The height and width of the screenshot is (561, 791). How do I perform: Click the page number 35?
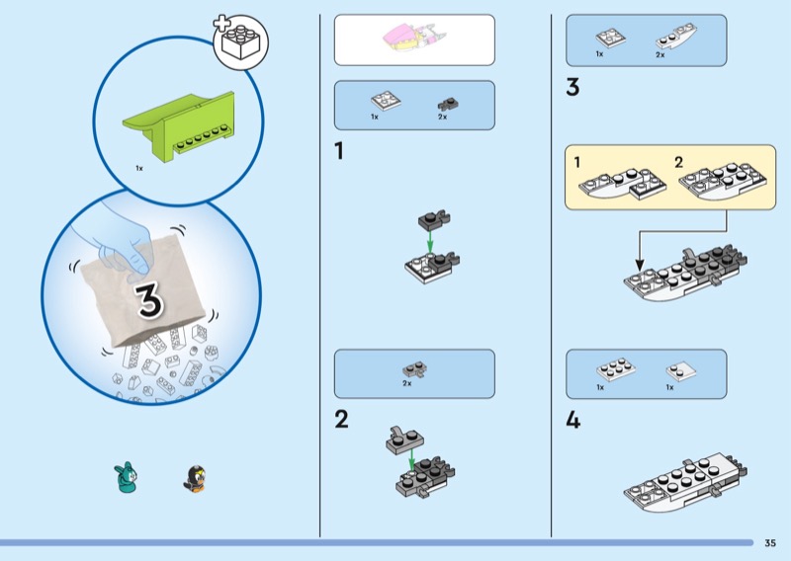[x=770, y=543]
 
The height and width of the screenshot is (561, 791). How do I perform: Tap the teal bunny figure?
[x=126, y=477]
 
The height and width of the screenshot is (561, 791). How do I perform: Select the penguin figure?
[x=195, y=478]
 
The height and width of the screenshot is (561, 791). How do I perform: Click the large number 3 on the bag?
[x=149, y=299]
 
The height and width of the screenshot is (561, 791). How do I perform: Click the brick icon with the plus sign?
[x=240, y=41]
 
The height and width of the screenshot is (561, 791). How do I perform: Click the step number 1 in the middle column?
[x=339, y=150]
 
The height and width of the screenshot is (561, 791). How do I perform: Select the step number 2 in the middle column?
[x=341, y=419]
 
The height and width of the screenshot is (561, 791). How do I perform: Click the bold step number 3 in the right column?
[x=572, y=87]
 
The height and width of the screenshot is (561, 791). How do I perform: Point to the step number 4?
[x=573, y=420]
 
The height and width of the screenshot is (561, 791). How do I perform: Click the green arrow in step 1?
[x=430, y=240]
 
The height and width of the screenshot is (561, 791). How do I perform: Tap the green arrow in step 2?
[x=411, y=459]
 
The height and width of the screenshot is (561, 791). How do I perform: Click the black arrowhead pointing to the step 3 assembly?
[x=640, y=265]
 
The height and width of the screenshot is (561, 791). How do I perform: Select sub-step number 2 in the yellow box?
[x=678, y=162]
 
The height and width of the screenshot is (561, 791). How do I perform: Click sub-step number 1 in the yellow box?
[x=577, y=162]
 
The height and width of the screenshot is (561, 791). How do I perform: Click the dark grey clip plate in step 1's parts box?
[x=448, y=105]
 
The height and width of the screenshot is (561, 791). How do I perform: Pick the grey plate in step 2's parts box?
[x=415, y=370]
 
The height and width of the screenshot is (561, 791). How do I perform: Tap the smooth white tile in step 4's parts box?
[x=680, y=371]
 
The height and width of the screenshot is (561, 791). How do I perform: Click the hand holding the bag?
[x=119, y=237]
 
